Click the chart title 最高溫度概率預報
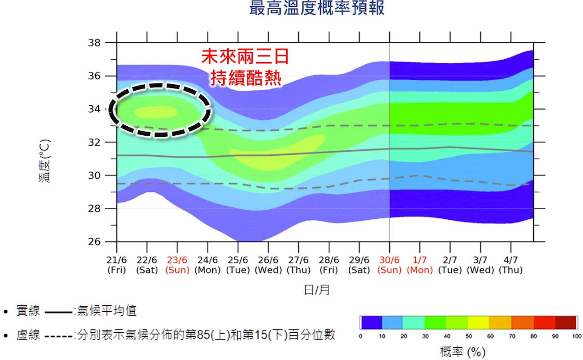317,8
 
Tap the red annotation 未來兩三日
245,57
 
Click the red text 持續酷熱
245,78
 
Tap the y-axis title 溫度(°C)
45,161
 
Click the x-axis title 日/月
317,290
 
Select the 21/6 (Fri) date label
117,265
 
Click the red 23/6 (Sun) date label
177,265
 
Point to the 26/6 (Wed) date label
268,265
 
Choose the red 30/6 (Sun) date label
389,265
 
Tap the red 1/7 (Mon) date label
419,265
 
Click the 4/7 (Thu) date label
511,265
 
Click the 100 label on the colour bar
577,337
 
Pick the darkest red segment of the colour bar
566,322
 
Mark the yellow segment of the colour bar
478,322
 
